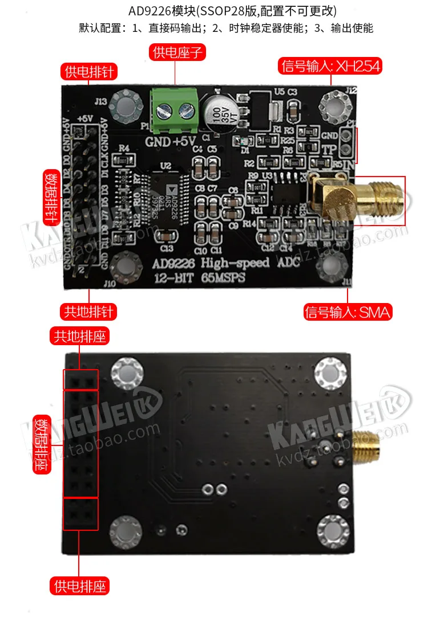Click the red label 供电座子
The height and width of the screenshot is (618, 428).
click(x=176, y=53)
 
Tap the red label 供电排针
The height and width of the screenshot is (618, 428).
click(x=89, y=72)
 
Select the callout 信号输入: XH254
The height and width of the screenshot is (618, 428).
click(x=330, y=66)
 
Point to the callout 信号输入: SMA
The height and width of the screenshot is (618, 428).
click(x=348, y=312)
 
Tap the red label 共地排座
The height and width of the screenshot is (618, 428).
click(x=79, y=336)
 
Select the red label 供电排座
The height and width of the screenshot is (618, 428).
click(x=79, y=585)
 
